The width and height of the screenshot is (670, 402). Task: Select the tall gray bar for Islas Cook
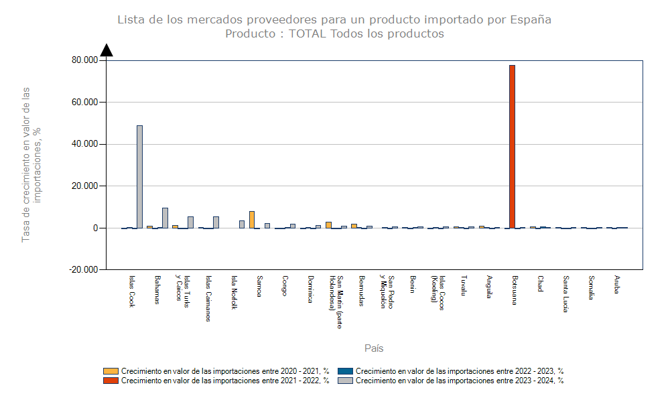[139, 177]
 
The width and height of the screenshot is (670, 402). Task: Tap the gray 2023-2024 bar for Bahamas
[165, 218]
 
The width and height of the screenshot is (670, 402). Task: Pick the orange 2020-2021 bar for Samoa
[252, 220]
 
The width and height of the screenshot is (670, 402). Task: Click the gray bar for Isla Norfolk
[242, 224]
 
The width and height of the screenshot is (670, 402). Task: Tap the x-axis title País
[374, 348]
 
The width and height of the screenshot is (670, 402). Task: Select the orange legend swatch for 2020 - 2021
[111, 371]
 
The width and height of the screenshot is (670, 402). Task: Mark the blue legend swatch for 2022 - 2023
[345, 371]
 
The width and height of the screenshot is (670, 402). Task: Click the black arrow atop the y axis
[107, 50]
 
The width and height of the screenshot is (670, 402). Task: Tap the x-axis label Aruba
[616, 285]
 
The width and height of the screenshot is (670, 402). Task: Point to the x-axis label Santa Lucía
[565, 293]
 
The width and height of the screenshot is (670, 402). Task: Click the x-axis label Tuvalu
[463, 285]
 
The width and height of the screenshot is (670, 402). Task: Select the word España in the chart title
[530, 19]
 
